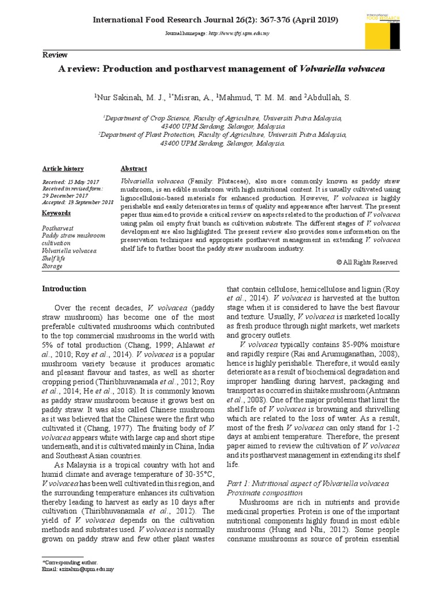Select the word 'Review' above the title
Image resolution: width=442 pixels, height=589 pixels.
tap(55, 55)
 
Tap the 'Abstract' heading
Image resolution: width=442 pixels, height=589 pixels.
tap(134, 169)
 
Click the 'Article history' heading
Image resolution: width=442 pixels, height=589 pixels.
tap(63, 169)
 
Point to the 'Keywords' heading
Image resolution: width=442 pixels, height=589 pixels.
tap(56, 213)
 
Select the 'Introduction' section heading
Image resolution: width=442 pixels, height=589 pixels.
tap(64, 289)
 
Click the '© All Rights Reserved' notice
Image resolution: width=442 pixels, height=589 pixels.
tap(367, 262)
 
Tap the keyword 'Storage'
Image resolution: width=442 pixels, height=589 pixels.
tap(52, 266)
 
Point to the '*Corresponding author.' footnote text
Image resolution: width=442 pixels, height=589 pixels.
tap(70, 561)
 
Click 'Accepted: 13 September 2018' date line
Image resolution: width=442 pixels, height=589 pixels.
tap(78, 201)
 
